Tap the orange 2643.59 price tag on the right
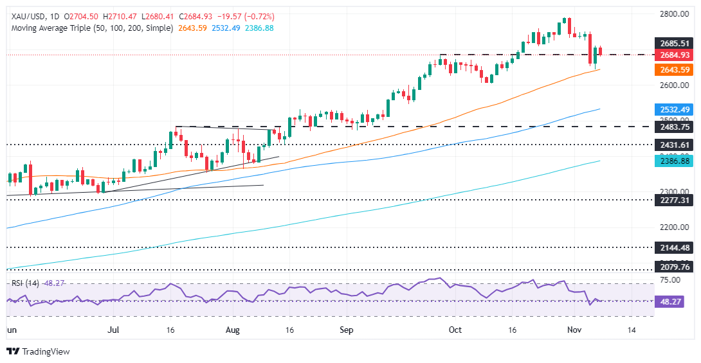tap(671, 70)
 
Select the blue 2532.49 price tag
tap(671, 109)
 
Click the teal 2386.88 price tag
tap(671, 161)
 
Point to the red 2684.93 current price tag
tap(671, 55)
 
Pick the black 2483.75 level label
tap(671, 127)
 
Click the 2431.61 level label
tap(671, 145)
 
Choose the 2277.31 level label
tap(671, 200)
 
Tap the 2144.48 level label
tap(671, 247)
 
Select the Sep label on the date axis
tap(346, 330)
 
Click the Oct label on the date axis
tap(455, 330)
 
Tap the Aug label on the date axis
tap(233, 330)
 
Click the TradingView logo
tap(38, 351)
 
